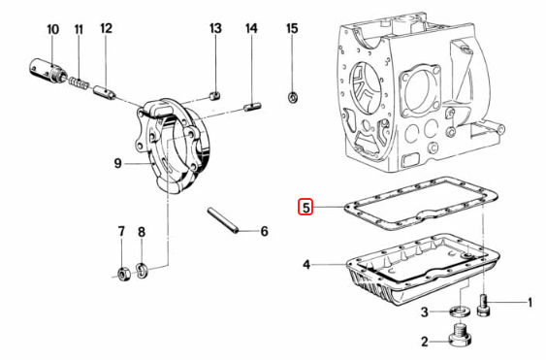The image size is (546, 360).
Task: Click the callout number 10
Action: click(x=52, y=29)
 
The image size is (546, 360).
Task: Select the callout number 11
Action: click(x=79, y=29)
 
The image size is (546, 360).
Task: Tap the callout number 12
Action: click(x=106, y=29)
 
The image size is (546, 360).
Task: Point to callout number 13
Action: click(x=215, y=29)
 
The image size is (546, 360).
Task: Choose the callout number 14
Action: click(x=251, y=29)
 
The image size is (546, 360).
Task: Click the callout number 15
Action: click(x=292, y=29)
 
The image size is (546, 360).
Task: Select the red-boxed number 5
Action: click(x=305, y=207)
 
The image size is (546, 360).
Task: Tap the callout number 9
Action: click(x=117, y=164)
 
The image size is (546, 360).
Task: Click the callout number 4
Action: click(x=305, y=264)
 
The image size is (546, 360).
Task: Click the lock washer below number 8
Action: click(x=143, y=269)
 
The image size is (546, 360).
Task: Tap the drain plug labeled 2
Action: click(x=459, y=339)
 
